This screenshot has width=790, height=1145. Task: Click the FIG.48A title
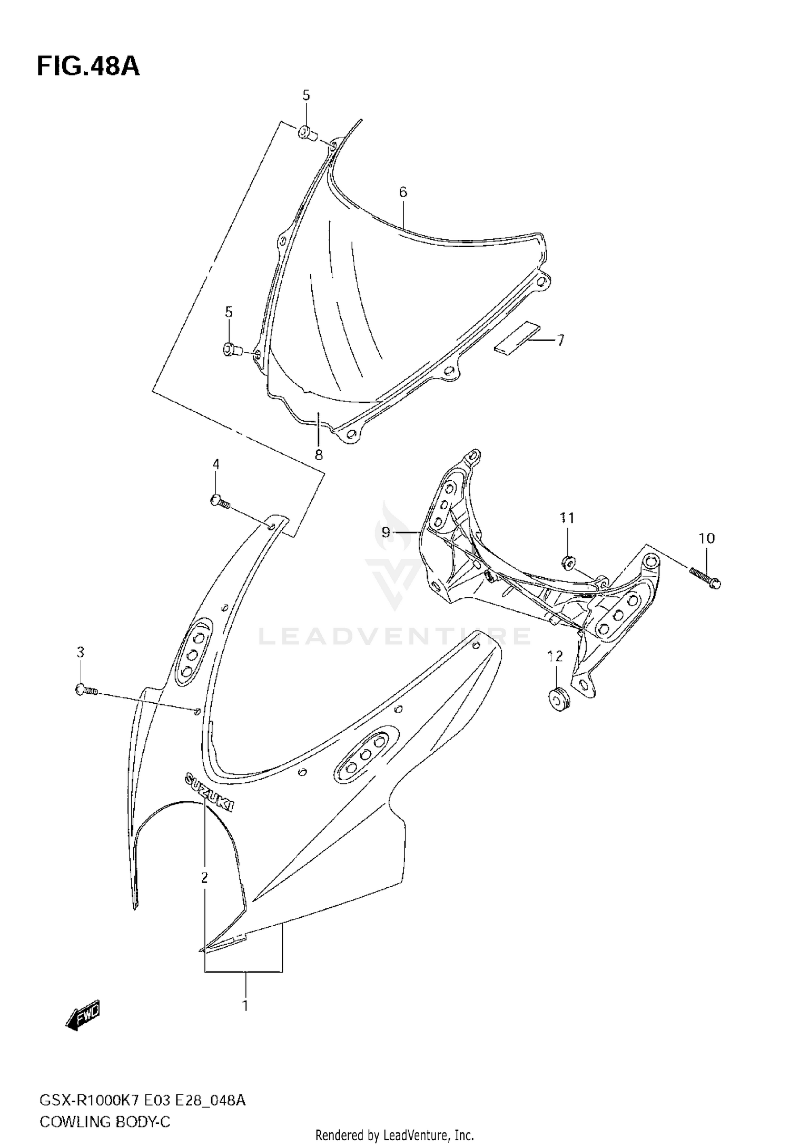tap(88, 67)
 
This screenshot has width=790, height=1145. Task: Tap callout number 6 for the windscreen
tap(403, 192)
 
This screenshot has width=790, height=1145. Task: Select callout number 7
tap(560, 341)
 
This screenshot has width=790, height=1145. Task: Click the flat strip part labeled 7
tap(517, 337)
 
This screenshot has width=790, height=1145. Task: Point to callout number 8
tap(319, 455)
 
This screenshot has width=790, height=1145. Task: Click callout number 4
tap(216, 464)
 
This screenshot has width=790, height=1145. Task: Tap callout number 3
tap(80, 653)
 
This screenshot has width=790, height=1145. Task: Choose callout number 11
tap(567, 518)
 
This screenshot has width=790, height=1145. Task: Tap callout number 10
tap(707, 538)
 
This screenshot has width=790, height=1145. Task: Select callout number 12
tap(555, 656)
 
